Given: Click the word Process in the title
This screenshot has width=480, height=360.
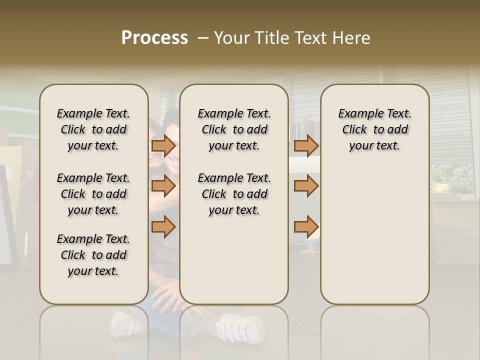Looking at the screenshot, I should (x=154, y=37).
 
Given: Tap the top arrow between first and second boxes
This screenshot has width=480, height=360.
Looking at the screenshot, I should (x=163, y=145).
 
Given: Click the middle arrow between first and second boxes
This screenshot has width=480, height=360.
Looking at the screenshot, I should (x=163, y=186).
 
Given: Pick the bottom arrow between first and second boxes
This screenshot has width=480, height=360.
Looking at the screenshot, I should (x=163, y=227).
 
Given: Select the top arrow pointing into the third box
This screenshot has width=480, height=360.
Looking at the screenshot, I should (x=306, y=145).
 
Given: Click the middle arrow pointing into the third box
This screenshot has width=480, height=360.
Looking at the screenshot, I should (x=306, y=186).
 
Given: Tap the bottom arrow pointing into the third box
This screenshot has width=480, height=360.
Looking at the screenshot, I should (x=306, y=227).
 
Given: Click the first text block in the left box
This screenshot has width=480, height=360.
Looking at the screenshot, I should (x=93, y=129).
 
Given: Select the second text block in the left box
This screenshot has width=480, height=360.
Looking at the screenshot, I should (x=93, y=194).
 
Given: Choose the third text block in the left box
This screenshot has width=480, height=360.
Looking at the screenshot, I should (x=93, y=255).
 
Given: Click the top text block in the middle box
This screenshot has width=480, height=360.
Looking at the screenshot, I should (x=234, y=129).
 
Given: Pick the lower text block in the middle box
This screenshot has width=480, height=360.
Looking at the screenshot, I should (x=234, y=194).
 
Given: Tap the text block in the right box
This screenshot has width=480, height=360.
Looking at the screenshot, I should (x=374, y=129).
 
